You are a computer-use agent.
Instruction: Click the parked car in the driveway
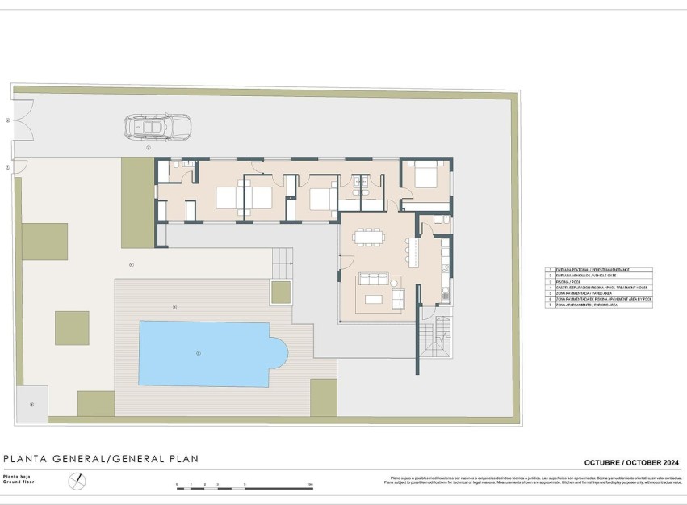pyautogui.click(x=157, y=127)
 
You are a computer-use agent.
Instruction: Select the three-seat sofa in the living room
pyautogui.click(x=375, y=280)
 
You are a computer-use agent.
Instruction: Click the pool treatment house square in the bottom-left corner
pyautogui.click(x=32, y=403)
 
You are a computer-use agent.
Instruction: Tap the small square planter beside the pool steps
pyautogui.click(x=281, y=292)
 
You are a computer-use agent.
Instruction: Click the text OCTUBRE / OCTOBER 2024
pyautogui.click(x=632, y=462)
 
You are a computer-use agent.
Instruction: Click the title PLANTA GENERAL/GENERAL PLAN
pyautogui.click(x=101, y=459)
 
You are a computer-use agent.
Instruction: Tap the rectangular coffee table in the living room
pyautogui.click(x=374, y=300)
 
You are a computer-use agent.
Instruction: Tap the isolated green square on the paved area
pyautogui.click(x=72, y=327)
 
